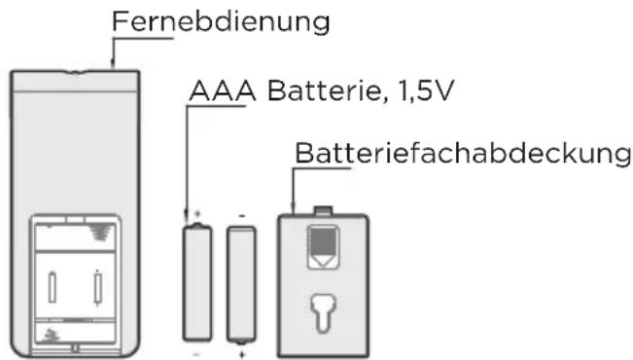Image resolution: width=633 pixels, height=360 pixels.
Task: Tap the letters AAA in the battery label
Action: (x=217, y=92)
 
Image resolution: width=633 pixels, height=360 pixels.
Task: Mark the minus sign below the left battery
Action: (x=198, y=355)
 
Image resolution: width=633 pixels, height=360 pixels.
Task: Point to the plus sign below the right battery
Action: (x=241, y=355)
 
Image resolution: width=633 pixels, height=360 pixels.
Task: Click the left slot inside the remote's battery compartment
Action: (x=52, y=286)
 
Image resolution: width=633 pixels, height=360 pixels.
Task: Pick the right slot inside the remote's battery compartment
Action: (x=97, y=286)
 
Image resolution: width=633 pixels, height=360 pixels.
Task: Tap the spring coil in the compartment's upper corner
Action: (x=99, y=233)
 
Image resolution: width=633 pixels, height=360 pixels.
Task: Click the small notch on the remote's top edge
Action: (x=76, y=71)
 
